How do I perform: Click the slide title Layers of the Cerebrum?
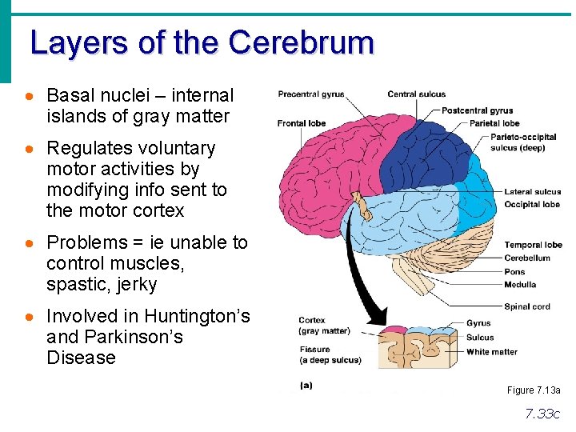point(202,42)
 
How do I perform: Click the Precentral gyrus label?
point(311,94)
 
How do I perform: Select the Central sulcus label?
point(417,94)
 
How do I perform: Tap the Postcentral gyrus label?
point(477,110)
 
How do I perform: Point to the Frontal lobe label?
point(302,123)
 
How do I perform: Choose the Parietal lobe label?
point(494,123)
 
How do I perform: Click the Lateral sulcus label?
point(532,192)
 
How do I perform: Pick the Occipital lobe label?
point(532,204)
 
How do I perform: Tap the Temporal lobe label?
point(533,245)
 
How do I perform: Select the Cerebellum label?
point(527,258)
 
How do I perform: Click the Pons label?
point(514,271)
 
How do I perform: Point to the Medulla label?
point(520,284)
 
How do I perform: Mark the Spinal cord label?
point(527,306)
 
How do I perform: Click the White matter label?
point(491,351)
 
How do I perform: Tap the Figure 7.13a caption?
point(534,390)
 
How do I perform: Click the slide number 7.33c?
point(542,414)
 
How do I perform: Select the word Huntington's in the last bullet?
point(201,316)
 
